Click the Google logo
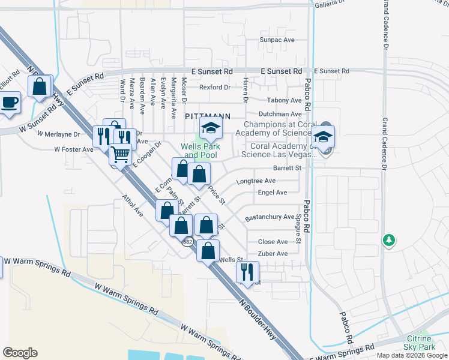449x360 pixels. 20,353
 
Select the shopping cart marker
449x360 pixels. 120,154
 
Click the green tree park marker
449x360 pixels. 389,241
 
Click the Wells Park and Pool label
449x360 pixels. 202,151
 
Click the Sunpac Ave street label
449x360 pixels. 277,40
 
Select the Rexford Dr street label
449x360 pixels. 215,87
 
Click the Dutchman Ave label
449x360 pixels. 280,114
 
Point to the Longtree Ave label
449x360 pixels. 256,181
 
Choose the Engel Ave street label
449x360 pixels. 273,193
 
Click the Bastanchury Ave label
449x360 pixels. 270,217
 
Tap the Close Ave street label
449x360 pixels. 273,242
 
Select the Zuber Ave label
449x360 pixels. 273,254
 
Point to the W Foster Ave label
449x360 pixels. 74,149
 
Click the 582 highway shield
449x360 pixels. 188,240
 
